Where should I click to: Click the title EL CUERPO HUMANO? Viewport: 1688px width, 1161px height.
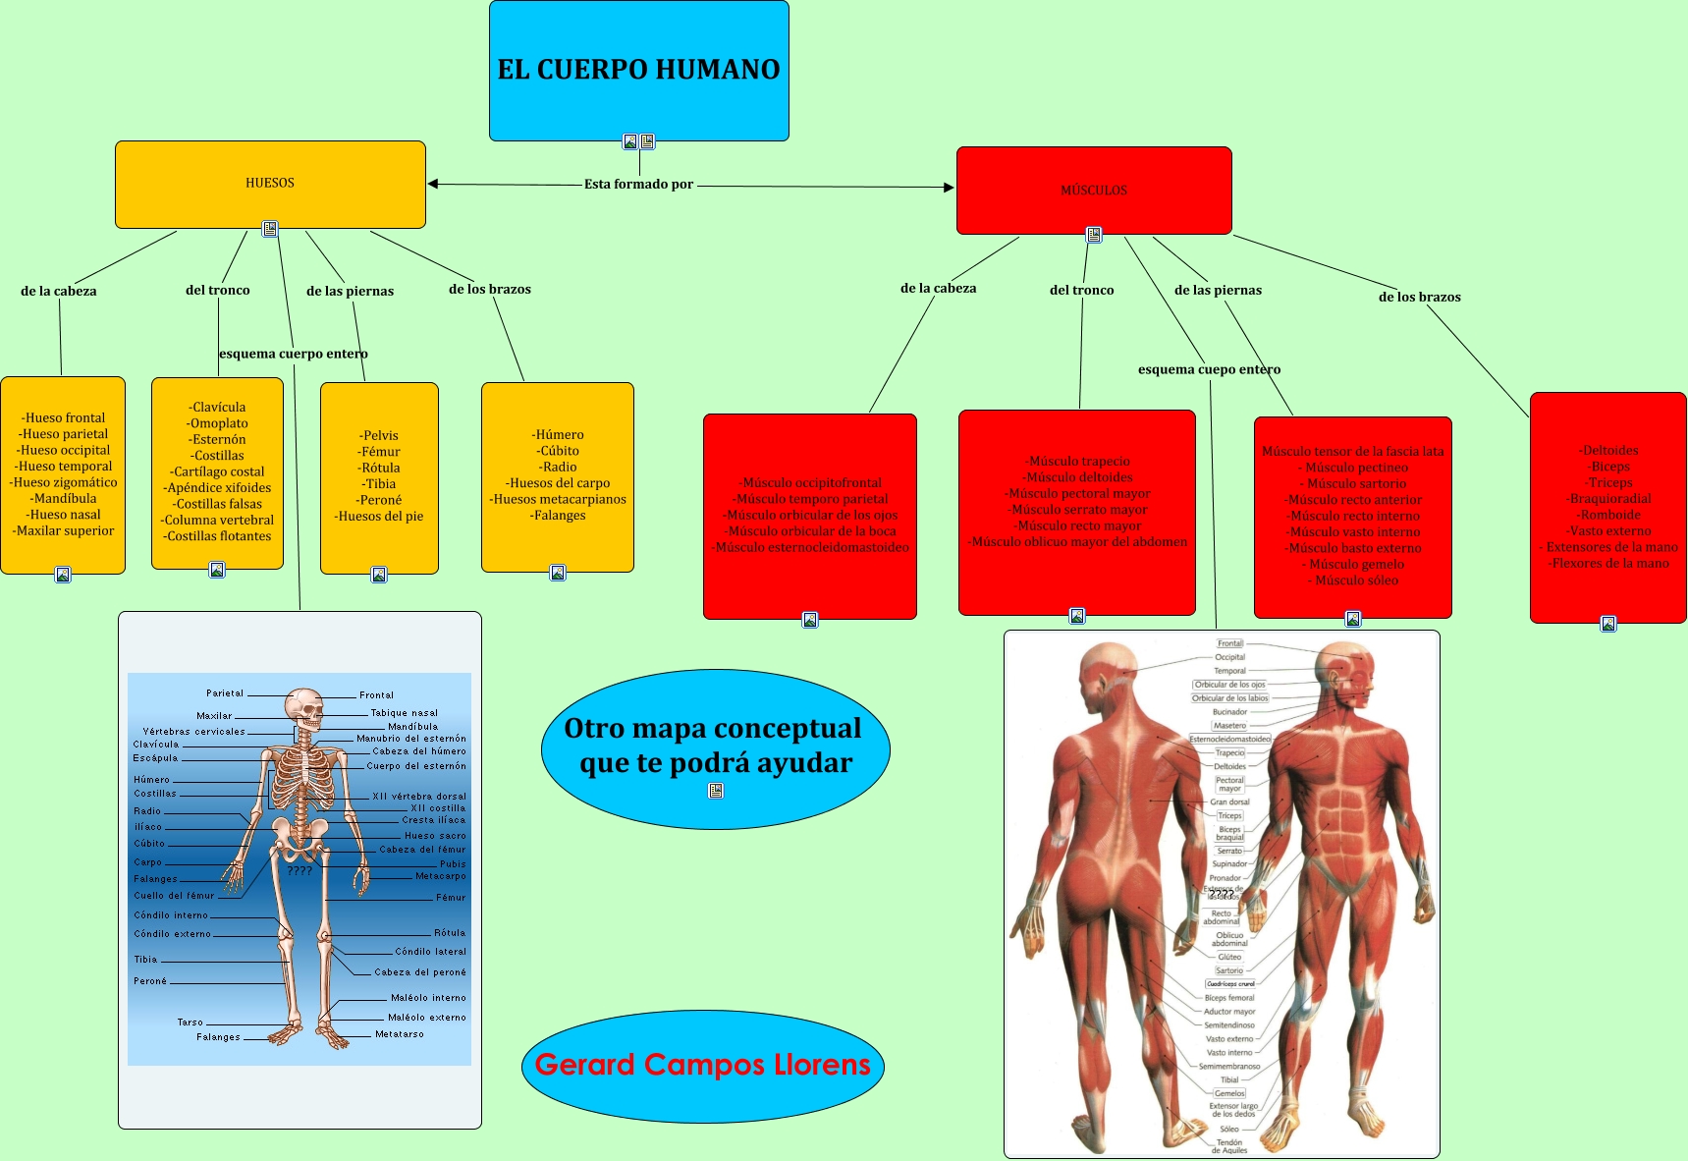(638, 70)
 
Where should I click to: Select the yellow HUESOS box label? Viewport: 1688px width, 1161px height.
(270, 183)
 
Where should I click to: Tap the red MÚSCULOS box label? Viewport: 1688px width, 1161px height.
(1094, 191)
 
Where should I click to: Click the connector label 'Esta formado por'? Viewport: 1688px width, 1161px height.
(638, 184)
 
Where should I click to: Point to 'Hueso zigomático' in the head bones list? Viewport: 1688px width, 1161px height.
(64, 482)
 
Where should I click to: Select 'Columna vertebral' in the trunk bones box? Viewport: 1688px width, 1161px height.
(219, 521)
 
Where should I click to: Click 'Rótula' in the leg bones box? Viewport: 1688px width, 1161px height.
(380, 469)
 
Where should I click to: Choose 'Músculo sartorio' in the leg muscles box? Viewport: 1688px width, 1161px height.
(1356, 484)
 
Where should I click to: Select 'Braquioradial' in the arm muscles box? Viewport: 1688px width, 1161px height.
(1610, 499)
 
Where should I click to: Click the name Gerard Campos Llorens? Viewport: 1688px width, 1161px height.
(703, 1065)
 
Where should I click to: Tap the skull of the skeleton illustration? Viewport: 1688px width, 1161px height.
(304, 705)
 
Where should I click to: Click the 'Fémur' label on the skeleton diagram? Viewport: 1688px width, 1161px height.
(451, 898)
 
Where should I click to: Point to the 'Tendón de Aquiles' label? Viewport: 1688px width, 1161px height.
(1229, 1146)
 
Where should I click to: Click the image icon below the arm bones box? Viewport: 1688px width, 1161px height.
(558, 573)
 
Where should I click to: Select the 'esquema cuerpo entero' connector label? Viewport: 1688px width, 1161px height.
(294, 354)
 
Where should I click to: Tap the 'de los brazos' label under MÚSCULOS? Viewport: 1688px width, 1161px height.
(1419, 297)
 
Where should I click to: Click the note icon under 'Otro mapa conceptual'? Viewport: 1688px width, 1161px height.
(716, 791)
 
